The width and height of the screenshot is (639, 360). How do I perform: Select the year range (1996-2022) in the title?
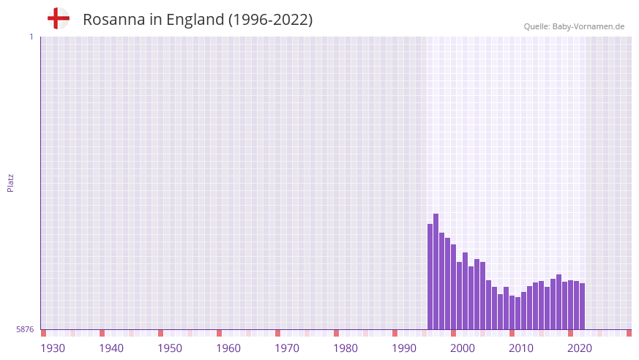[x=271, y=20]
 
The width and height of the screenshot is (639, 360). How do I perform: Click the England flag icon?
[x=58, y=18]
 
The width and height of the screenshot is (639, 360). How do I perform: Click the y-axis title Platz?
[x=10, y=182]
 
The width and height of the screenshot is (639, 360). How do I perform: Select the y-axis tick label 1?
[x=31, y=37]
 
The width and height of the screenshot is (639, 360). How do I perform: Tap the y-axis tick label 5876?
[x=25, y=329]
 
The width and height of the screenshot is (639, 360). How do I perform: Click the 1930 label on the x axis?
[x=53, y=348]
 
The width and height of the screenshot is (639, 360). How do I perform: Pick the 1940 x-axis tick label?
[x=111, y=348]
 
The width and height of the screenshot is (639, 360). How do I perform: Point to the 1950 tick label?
[x=170, y=348]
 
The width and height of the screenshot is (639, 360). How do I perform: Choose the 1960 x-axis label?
[x=228, y=348]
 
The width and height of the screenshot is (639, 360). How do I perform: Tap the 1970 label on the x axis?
[x=287, y=348]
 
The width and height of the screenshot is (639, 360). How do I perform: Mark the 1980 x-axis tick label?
[x=345, y=348]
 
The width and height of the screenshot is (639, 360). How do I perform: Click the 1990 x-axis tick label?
[x=404, y=348]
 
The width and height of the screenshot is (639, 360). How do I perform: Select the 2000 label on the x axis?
[x=463, y=348]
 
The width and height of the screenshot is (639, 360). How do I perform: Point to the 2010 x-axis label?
[x=521, y=348]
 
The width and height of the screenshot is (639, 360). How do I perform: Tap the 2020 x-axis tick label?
[x=580, y=348]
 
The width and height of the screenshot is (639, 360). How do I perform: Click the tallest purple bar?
[x=436, y=271]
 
